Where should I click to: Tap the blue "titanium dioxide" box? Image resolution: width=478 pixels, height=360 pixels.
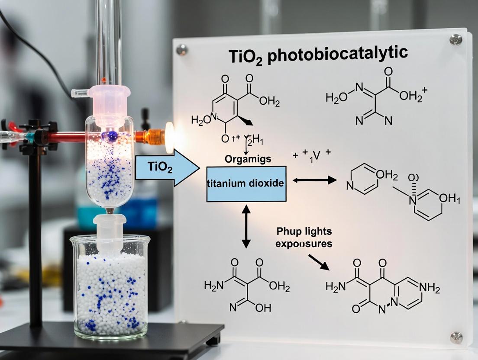click(246, 183)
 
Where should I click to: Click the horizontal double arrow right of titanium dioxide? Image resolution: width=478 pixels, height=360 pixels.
click(314, 180)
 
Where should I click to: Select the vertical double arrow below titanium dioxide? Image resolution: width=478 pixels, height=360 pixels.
click(246, 227)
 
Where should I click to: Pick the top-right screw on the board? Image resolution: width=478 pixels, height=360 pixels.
click(455, 40)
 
